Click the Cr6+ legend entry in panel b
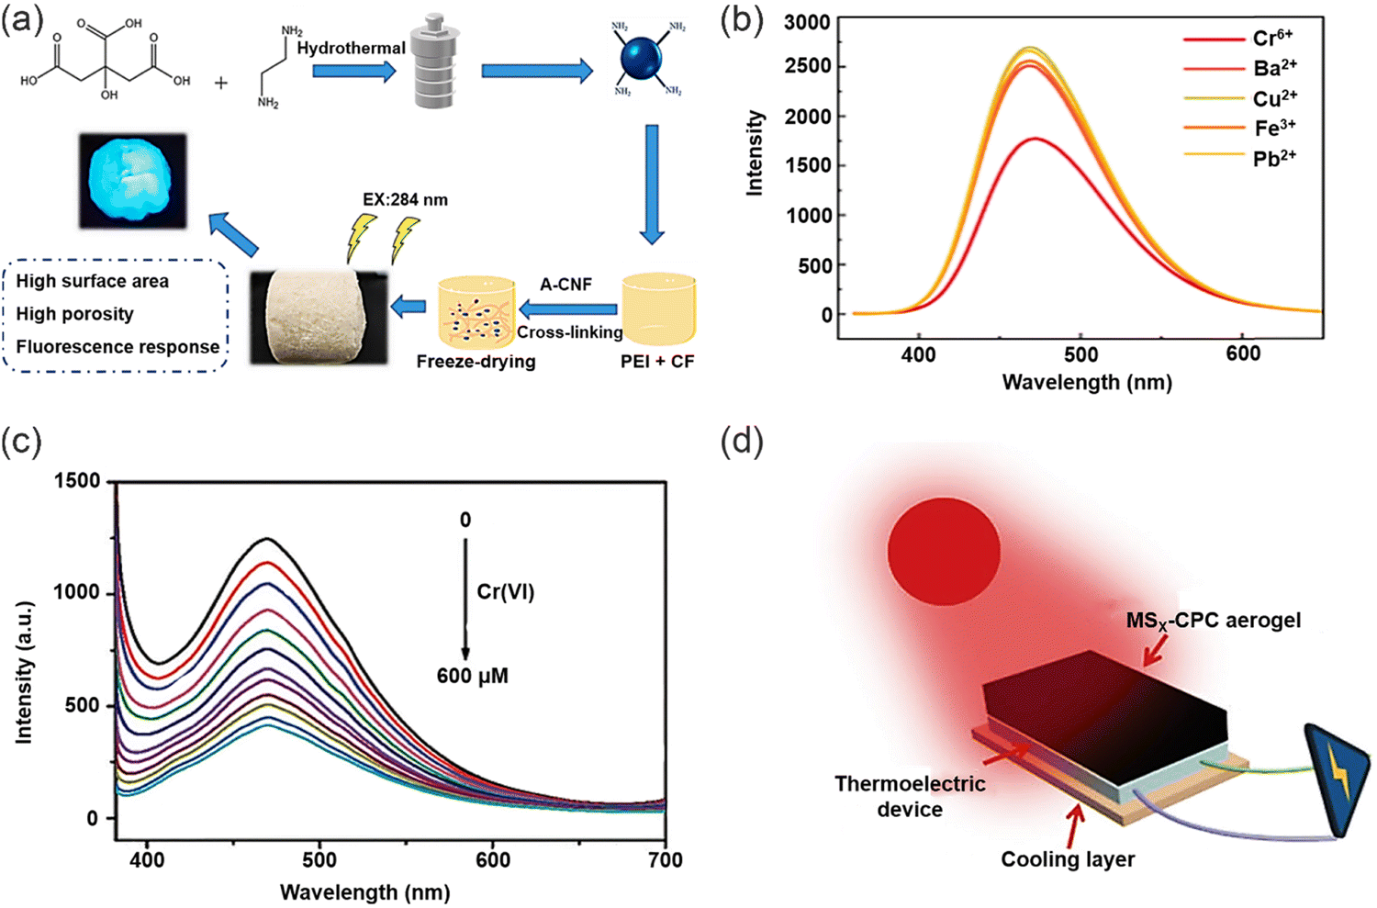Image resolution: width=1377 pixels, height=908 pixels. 1272,38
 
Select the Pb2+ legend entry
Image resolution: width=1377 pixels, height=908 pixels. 1274,158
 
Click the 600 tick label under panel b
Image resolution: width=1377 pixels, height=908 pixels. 1243,354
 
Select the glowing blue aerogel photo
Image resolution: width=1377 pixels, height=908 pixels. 132,180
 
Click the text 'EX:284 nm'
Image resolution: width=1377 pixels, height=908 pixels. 406,199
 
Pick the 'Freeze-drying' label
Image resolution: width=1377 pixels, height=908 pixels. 476,362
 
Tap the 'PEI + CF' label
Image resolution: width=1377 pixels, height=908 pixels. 657,362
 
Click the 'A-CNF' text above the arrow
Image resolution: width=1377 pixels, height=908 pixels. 565,285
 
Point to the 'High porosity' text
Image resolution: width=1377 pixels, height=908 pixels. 74,314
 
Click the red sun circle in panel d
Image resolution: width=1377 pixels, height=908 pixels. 943,551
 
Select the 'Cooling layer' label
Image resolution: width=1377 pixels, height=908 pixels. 1068,860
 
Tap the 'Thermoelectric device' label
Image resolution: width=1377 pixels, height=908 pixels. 909,796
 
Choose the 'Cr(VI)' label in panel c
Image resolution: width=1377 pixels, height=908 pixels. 505,592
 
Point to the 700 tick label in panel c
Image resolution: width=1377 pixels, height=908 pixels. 665,860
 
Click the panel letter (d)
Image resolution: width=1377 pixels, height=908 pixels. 742,442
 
